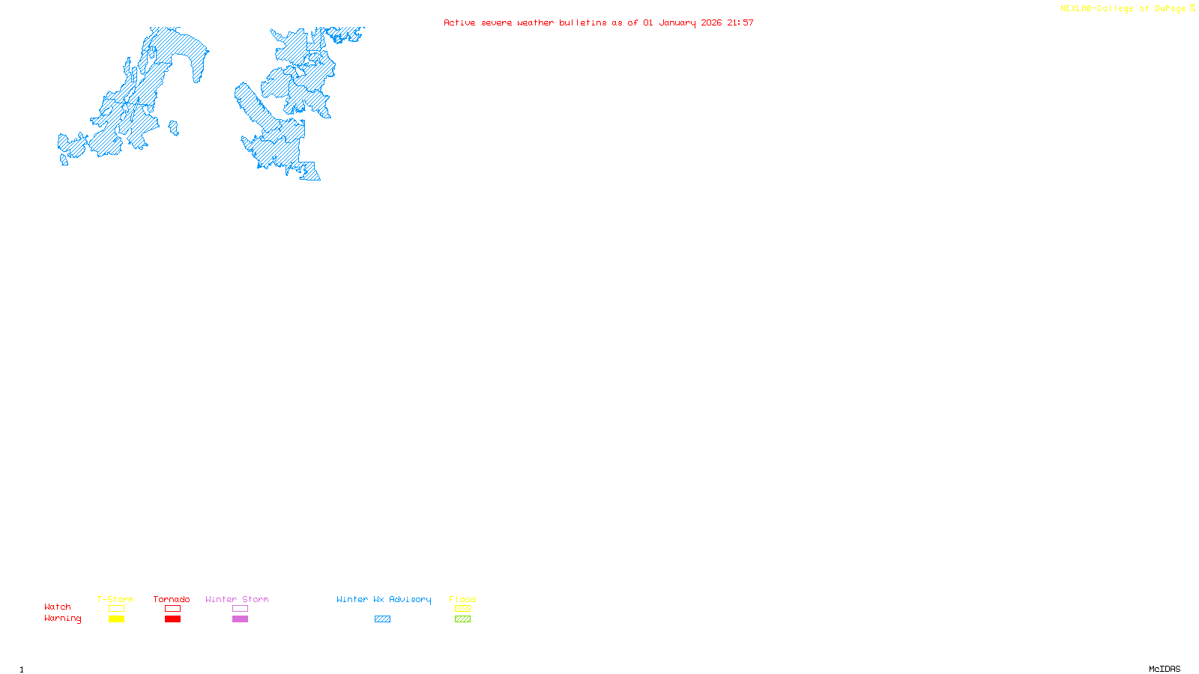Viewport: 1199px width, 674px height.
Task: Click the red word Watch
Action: tap(58, 607)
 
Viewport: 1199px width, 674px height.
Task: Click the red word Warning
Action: tap(62, 619)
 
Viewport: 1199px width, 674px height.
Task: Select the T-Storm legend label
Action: tap(115, 599)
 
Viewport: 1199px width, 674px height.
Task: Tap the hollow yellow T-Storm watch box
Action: tap(116, 609)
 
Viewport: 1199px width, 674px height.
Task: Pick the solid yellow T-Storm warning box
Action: tap(116, 619)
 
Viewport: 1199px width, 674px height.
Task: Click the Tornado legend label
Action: tap(172, 599)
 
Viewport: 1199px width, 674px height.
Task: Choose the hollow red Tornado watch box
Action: tap(172, 609)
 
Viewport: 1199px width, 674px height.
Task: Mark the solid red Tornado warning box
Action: tap(172, 619)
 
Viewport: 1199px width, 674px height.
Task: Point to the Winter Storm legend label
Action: tap(237, 599)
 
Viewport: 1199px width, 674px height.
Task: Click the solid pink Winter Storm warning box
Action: tap(240, 619)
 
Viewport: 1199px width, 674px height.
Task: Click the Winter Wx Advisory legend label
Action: tap(384, 599)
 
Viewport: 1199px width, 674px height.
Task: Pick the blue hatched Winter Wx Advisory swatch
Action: tap(382, 619)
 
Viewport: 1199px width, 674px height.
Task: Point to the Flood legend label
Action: tap(462, 599)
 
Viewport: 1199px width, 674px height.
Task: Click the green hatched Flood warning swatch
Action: tap(462, 619)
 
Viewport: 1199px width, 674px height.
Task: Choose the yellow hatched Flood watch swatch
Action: tap(462, 609)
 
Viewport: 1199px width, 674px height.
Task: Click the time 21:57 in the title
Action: tap(740, 22)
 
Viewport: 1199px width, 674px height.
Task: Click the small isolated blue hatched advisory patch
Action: tap(174, 129)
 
